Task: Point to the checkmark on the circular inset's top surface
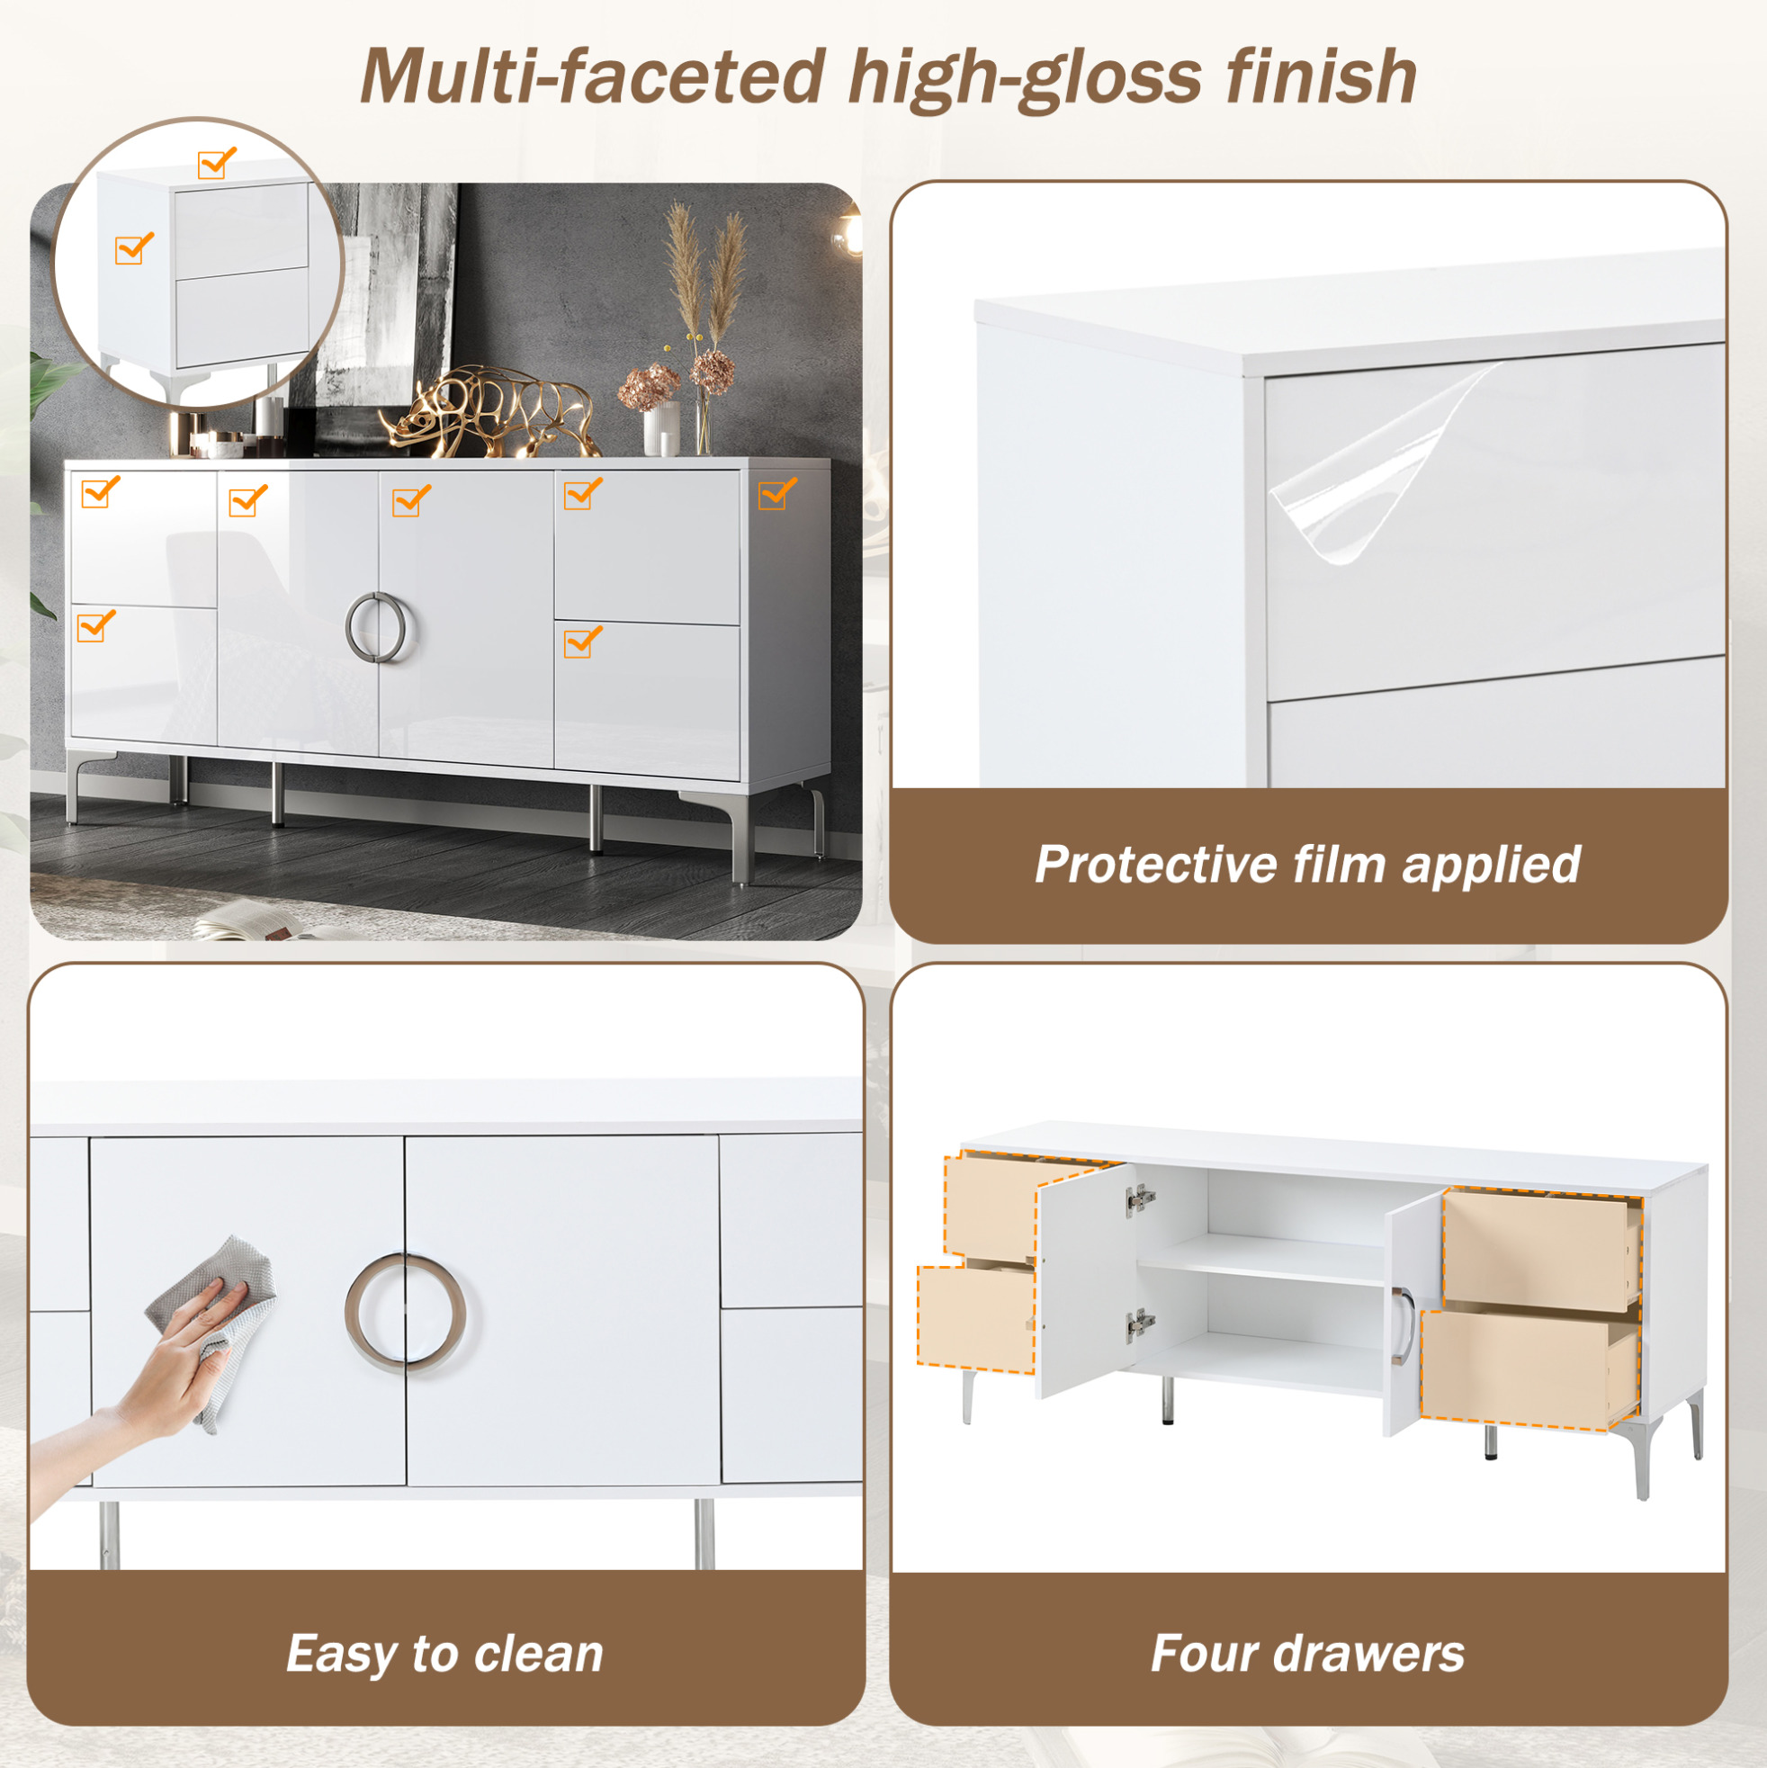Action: coord(217,163)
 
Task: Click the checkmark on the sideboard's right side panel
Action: coord(778,492)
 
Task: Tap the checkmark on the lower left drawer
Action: coord(96,625)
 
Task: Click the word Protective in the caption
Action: coord(1156,864)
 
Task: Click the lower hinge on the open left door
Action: coord(1140,1324)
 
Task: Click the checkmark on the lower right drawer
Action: coord(583,642)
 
